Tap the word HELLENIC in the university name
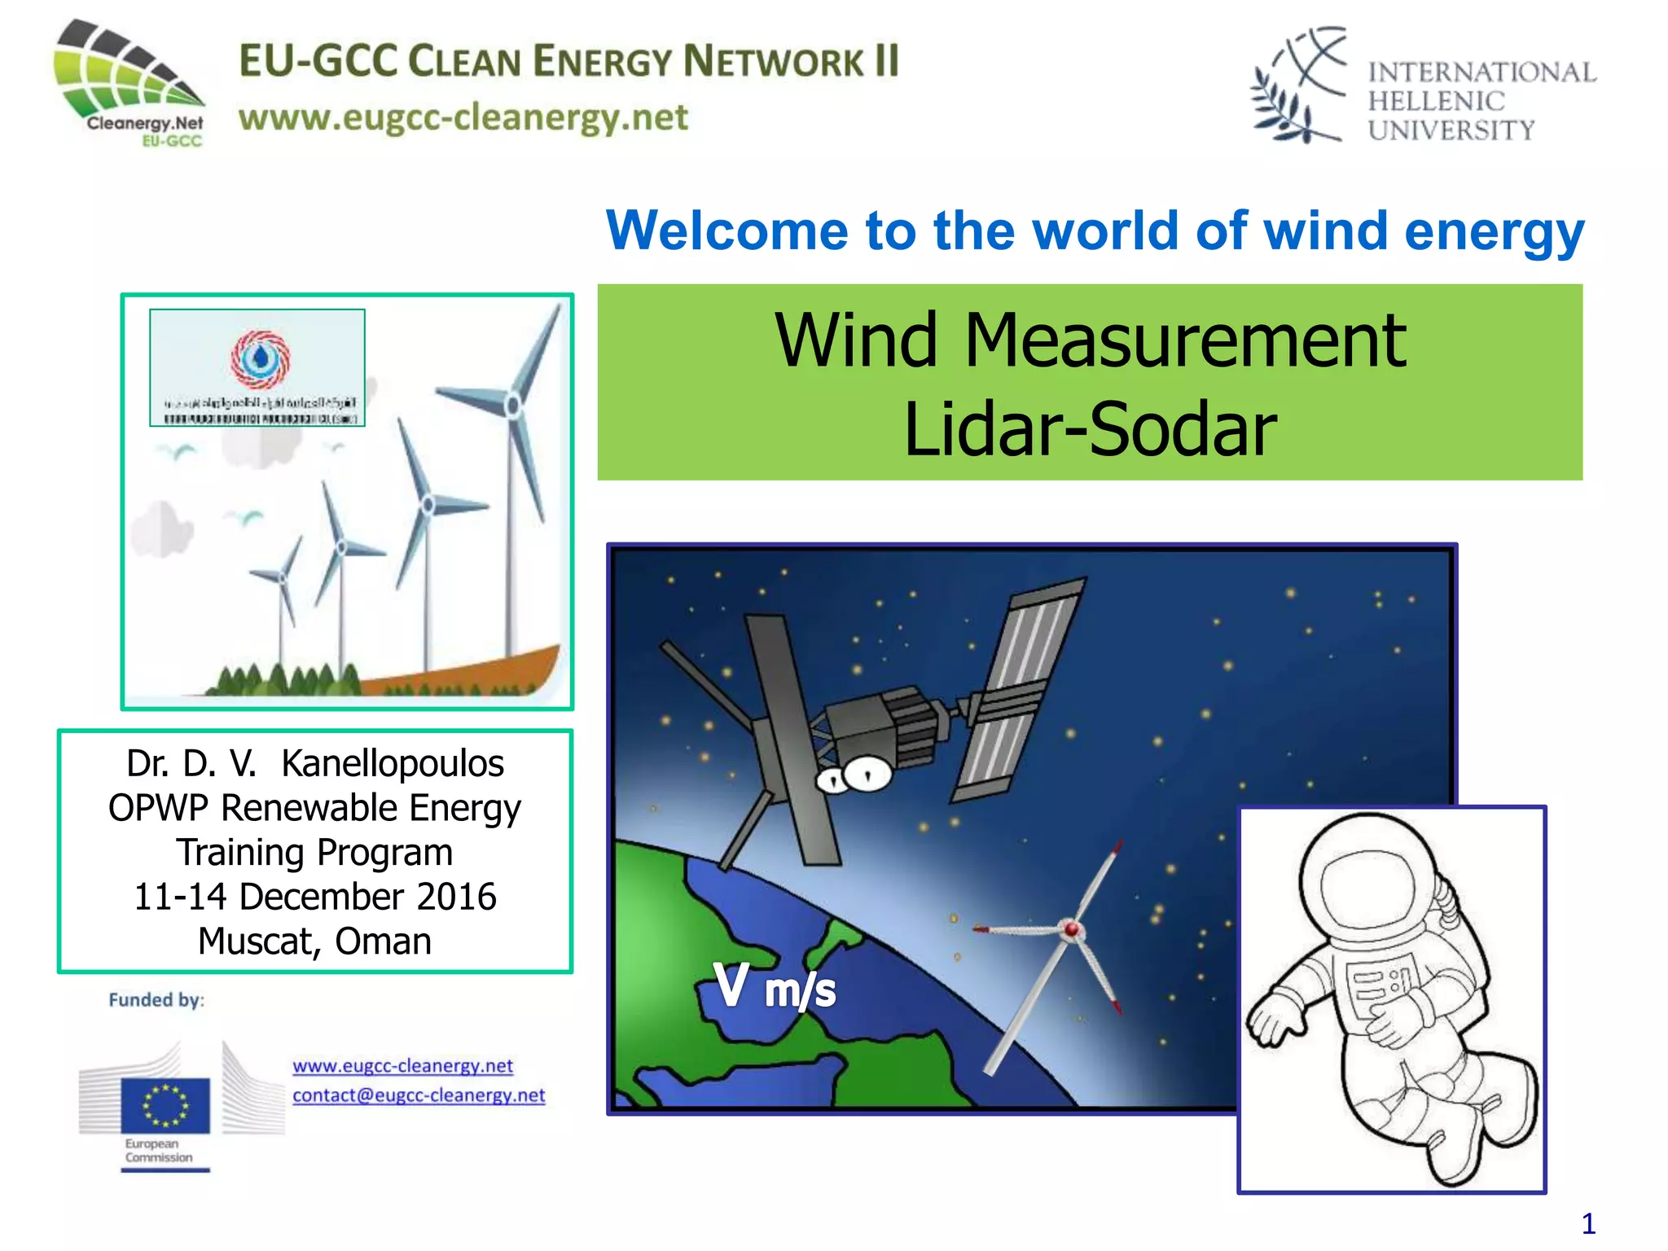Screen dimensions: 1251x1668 (x=1436, y=101)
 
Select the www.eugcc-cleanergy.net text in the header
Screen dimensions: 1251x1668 (x=463, y=118)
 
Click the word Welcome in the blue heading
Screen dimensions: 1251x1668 (x=727, y=230)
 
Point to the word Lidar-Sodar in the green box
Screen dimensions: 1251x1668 (x=1090, y=429)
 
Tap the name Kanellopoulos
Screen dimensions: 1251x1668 (x=393, y=764)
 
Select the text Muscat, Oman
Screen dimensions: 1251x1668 (x=314, y=942)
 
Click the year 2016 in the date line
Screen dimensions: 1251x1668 (x=456, y=897)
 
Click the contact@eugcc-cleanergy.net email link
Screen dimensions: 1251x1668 (x=419, y=1095)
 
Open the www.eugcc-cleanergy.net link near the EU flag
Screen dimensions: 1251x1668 (x=402, y=1066)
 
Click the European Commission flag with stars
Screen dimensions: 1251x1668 (x=165, y=1105)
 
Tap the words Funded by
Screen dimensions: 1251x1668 (x=156, y=1000)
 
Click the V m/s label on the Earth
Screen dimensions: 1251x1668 (x=774, y=988)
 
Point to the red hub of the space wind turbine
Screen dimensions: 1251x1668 (x=1072, y=929)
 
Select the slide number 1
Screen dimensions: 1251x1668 (x=1588, y=1223)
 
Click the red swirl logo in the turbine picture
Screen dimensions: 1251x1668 (x=260, y=358)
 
